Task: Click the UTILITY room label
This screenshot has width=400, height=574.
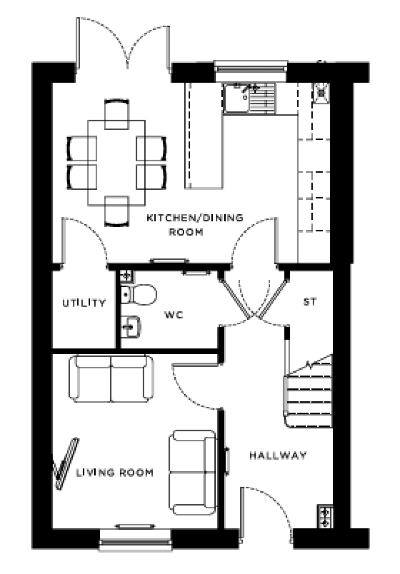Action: click(84, 303)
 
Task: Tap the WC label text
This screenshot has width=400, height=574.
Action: click(174, 315)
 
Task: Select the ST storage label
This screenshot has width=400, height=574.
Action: click(310, 302)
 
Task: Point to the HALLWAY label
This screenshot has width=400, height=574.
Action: click(278, 455)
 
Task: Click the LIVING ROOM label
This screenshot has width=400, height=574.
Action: click(115, 473)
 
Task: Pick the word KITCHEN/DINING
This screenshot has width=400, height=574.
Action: click(195, 218)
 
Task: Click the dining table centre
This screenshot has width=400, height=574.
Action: click(116, 163)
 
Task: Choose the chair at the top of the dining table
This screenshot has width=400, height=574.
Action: click(117, 114)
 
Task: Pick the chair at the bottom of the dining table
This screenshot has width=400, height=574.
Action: click(117, 211)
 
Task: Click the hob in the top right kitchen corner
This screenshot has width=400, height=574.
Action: click(321, 93)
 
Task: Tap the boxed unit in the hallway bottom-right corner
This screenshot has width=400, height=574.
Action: click(324, 516)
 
